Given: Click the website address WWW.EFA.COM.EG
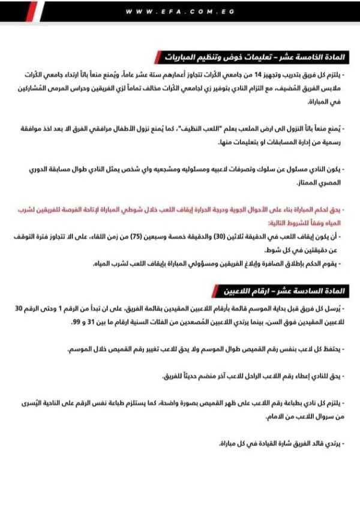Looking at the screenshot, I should coord(180,11).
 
